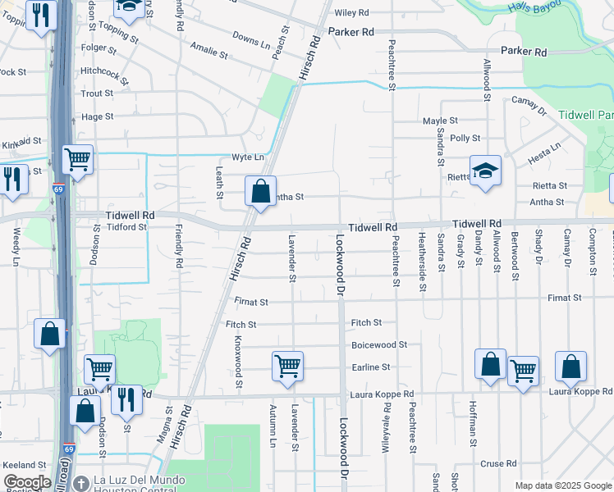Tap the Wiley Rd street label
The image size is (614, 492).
pos(351,13)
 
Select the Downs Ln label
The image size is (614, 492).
pos(250,39)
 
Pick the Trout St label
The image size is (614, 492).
pos(97,93)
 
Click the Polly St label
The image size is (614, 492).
pos(465,139)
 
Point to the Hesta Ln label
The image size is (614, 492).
pos(544,152)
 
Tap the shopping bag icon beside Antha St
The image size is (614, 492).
pos(260,193)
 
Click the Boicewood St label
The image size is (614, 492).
pos(379,345)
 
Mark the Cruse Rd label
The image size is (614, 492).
pos(498,463)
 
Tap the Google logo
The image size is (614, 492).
pos(27,482)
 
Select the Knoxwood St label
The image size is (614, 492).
pos(239,361)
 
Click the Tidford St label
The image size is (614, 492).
pos(121,226)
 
